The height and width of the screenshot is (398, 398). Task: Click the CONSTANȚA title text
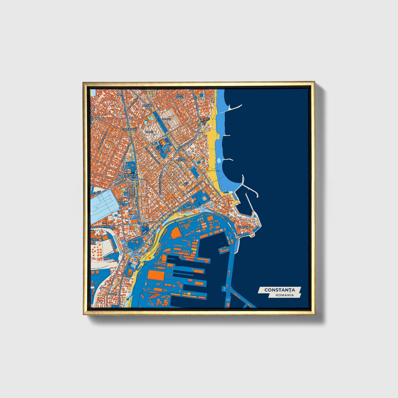(280, 290)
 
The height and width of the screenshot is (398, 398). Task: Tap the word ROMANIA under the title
(285, 295)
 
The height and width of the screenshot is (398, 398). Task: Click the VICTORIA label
(148, 105)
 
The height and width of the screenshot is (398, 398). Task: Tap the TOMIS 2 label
(167, 119)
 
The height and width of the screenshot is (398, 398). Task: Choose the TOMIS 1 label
(149, 132)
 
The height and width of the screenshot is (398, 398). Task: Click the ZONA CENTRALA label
(182, 159)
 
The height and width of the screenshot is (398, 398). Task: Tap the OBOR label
(127, 194)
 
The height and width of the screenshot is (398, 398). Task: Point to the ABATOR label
(112, 294)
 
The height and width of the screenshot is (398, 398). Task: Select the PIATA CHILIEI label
(179, 96)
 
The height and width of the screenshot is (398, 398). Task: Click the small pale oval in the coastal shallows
(219, 160)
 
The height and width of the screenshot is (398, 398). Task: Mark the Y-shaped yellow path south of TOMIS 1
(164, 144)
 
